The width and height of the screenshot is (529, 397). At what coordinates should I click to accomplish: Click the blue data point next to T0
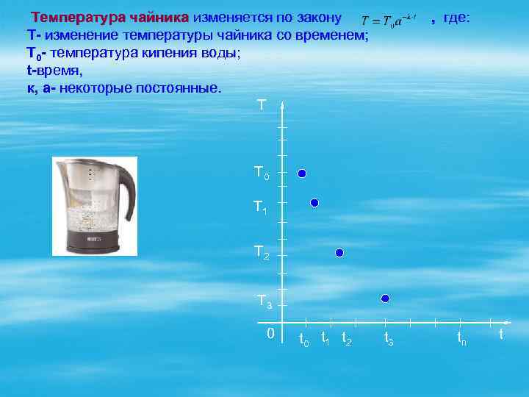point(301,174)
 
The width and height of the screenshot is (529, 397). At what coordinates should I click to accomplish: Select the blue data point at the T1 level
point(314,202)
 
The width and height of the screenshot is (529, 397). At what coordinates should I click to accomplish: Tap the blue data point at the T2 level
point(339,253)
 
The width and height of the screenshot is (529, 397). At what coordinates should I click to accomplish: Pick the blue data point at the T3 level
point(385,298)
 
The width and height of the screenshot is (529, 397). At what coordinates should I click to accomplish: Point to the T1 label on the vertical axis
point(261,208)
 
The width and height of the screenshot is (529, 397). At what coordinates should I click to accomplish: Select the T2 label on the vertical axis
point(262,253)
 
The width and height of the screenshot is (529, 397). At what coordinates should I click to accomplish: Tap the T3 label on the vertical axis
point(264,301)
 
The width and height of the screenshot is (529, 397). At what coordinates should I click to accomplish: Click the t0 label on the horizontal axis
point(303,340)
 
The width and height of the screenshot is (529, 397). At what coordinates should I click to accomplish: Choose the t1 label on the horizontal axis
point(325,339)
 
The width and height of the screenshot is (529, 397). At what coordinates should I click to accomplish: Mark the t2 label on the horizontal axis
point(347,340)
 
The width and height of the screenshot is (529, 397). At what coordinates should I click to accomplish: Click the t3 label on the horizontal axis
point(389,340)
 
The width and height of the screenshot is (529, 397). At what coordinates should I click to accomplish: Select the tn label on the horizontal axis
point(461,339)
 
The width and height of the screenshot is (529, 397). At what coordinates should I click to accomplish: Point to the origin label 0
point(270,334)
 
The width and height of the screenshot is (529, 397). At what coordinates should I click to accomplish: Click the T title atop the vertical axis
point(262,106)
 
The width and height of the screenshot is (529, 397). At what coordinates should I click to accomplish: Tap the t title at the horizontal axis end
point(501,334)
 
